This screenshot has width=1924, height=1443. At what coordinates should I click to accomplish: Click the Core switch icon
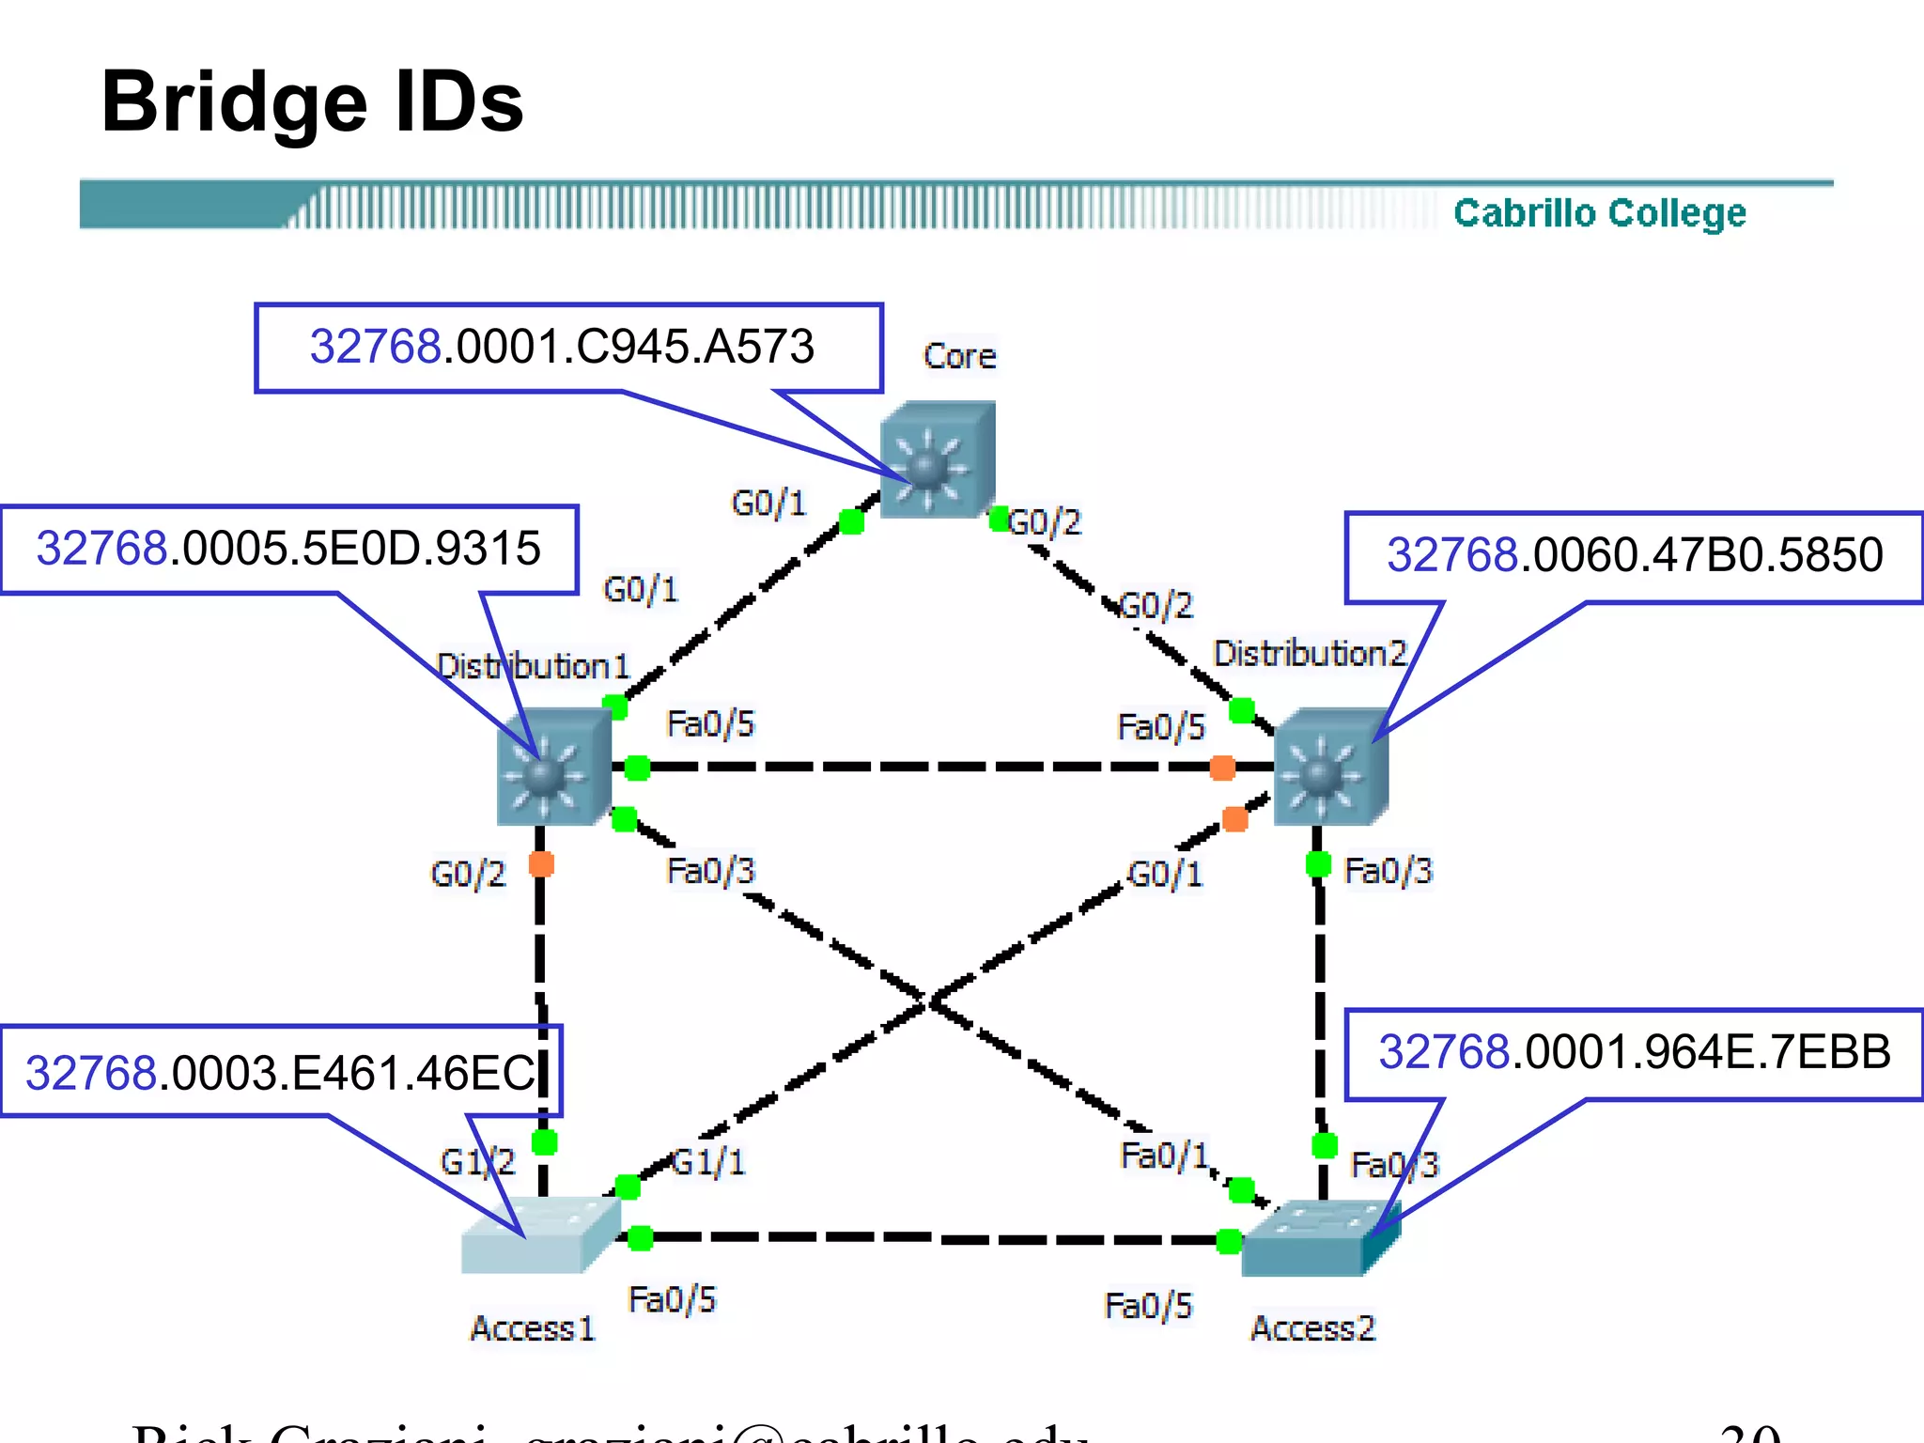pos(937,460)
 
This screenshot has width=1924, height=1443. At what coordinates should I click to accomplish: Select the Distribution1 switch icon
pos(553,768)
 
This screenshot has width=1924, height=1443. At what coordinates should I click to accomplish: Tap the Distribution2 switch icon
pos(1330,768)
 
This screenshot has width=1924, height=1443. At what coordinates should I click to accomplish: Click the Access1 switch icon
pos(540,1235)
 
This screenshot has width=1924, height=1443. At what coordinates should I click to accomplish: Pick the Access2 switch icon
pos(1319,1238)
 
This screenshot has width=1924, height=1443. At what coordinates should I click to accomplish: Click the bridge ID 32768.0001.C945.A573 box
pos(567,347)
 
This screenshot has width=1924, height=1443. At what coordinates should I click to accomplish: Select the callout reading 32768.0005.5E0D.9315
pos(288,550)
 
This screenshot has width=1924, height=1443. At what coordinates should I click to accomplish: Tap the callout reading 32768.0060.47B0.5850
pos(1634,555)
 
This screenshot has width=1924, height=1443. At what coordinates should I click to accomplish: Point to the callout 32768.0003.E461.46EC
pos(280,1072)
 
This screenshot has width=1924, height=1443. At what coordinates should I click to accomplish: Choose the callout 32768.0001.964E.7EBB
pos(1634,1052)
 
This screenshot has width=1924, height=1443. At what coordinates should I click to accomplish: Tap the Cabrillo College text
pos(1599,213)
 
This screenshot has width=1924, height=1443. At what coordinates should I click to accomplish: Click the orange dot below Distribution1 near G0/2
pos(541,863)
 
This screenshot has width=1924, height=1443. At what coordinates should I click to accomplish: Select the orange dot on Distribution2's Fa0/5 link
pos(1222,768)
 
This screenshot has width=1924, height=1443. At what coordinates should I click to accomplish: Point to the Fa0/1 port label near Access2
pos(1164,1156)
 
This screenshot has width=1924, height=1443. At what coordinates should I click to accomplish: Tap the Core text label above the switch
pos(959,356)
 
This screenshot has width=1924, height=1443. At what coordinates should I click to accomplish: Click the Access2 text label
pos(1312,1328)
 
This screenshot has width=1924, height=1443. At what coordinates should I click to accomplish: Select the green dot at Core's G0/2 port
pos(1000,519)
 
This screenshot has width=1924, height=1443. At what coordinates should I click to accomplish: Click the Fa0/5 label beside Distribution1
pos(710,723)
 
